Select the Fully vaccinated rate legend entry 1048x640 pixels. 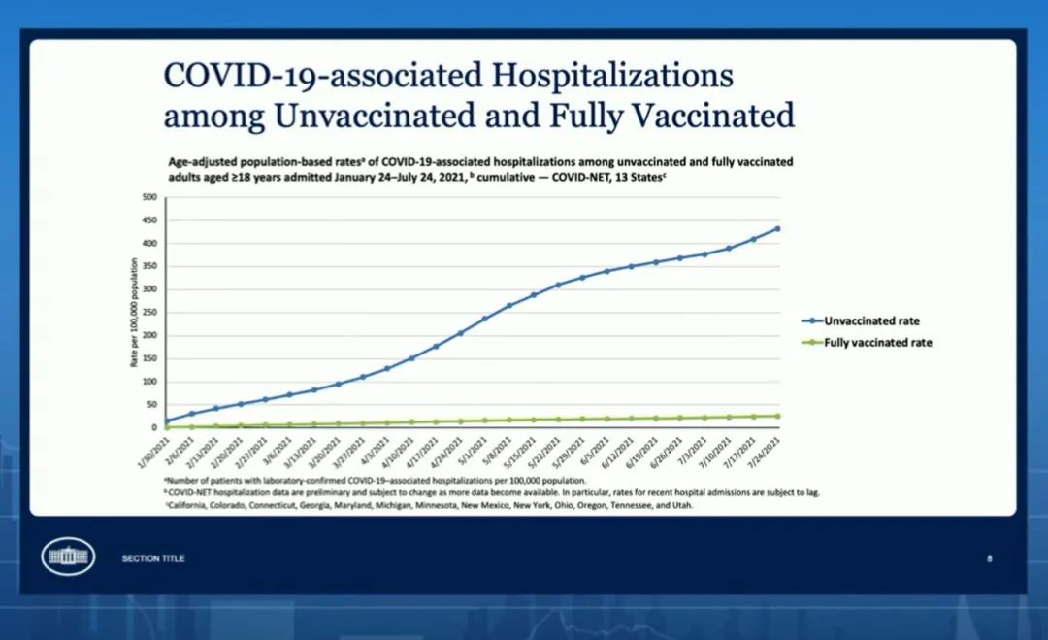(878, 343)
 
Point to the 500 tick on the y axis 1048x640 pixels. (149, 197)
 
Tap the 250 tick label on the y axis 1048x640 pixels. (149, 313)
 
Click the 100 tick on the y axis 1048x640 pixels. (149, 382)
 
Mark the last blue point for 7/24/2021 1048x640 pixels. (777, 229)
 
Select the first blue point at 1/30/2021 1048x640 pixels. (167, 421)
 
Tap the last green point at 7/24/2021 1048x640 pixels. (777, 416)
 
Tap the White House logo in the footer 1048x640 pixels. (68, 557)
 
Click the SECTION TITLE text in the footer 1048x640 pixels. (153, 558)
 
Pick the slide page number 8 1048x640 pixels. (990, 558)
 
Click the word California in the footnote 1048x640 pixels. (191, 505)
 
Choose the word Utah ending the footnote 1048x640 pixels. (683, 505)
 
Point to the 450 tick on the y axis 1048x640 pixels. (149, 220)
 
